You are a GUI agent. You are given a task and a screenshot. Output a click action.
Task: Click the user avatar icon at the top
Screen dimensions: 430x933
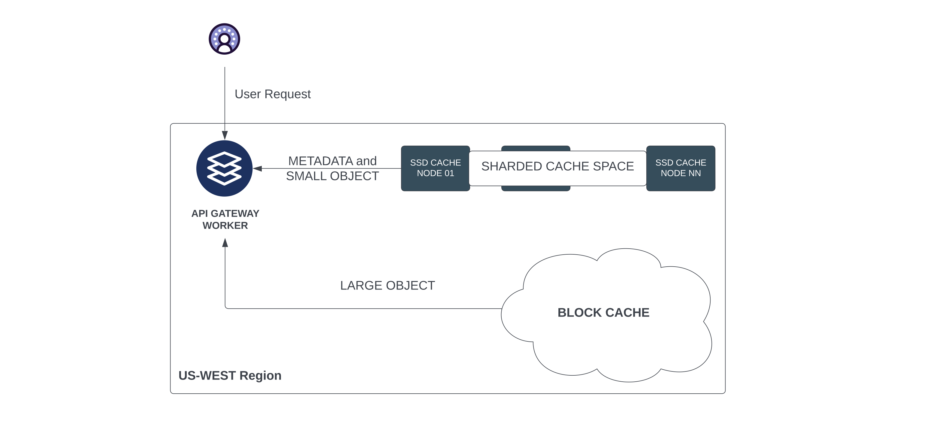coord(224,39)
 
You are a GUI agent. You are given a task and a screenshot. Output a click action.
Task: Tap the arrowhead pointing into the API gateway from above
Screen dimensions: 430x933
coord(225,135)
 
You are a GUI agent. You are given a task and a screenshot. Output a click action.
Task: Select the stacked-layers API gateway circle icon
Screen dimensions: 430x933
coord(224,168)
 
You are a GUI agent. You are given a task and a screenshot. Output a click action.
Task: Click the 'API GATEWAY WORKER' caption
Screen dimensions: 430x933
coord(225,219)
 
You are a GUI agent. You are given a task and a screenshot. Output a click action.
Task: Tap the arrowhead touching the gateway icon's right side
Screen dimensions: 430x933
coord(258,168)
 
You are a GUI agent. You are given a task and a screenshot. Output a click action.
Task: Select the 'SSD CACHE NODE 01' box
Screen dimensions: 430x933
coord(435,168)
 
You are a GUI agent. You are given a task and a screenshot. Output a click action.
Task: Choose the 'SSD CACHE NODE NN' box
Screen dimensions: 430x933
coord(680,168)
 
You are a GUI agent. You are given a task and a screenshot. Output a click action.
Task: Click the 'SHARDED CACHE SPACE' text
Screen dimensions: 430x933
coord(557,166)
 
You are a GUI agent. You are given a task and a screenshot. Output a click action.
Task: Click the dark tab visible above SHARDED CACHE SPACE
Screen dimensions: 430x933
coord(535,148)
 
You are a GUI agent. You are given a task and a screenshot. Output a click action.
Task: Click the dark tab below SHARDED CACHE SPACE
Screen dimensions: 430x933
coord(535,188)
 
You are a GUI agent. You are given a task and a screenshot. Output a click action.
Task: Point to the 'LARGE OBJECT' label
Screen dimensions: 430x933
coord(387,286)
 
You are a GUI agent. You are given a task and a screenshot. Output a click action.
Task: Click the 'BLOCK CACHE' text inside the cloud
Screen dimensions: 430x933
coord(603,313)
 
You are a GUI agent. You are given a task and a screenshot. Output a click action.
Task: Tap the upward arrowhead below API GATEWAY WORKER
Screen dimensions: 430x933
coord(225,243)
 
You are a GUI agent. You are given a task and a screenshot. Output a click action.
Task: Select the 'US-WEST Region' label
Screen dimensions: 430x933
coord(230,376)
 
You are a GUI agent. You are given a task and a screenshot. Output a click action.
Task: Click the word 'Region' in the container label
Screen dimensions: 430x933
coord(260,376)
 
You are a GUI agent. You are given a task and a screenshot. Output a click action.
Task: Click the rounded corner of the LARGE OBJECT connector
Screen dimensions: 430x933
coord(226,307)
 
